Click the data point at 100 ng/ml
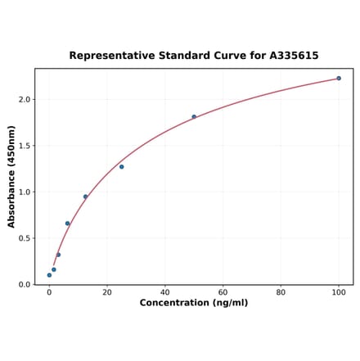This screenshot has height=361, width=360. click(x=339, y=79)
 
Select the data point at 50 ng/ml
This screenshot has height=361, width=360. click(x=194, y=116)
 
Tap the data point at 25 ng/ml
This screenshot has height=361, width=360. click(x=122, y=167)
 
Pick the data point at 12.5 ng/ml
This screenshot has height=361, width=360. click(x=85, y=196)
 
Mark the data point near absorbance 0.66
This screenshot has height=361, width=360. click(x=67, y=223)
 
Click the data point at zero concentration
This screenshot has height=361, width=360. click(x=49, y=275)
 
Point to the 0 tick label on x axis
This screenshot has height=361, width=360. click(x=49, y=292)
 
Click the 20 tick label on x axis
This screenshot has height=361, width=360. click(x=107, y=292)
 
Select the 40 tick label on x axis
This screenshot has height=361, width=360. click(x=165, y=292)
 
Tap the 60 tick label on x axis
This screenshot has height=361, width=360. click(x=223, y=292)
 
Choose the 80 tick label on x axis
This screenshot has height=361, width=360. click(x=281, y=292)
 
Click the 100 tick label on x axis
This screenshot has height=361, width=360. click(x=339, y=292)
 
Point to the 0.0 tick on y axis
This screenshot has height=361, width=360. click(x=24, y=285)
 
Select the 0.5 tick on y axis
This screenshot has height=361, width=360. click(x=24, y=238)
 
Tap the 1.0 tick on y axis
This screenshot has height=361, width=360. click(x=24, y=192)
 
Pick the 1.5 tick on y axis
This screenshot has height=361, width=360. click(x=24, y=146)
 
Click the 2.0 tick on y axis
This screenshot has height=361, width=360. click(x=24, y=100)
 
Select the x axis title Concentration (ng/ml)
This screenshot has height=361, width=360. click(x=194, y=303)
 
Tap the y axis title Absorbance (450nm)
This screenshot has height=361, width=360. click(x=11, y=176)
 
